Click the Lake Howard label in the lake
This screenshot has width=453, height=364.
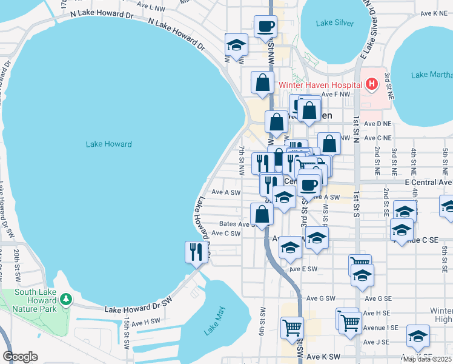coord(108,144)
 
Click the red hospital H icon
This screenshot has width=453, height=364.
coord(371,85)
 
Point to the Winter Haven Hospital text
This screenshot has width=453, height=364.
coord(320,85)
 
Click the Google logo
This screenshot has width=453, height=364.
coord(20,356)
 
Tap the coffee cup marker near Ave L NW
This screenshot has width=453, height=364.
coord(265,27)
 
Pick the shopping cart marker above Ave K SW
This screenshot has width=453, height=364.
coord(292,328)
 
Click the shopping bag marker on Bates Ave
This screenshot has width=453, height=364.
coord(262,214)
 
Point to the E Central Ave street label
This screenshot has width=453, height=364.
coord(428,181)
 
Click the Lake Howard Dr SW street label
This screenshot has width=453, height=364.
coord(139,309)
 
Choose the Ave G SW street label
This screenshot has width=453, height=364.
coord(320,298)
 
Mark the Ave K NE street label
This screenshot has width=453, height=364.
coord(434,13)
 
